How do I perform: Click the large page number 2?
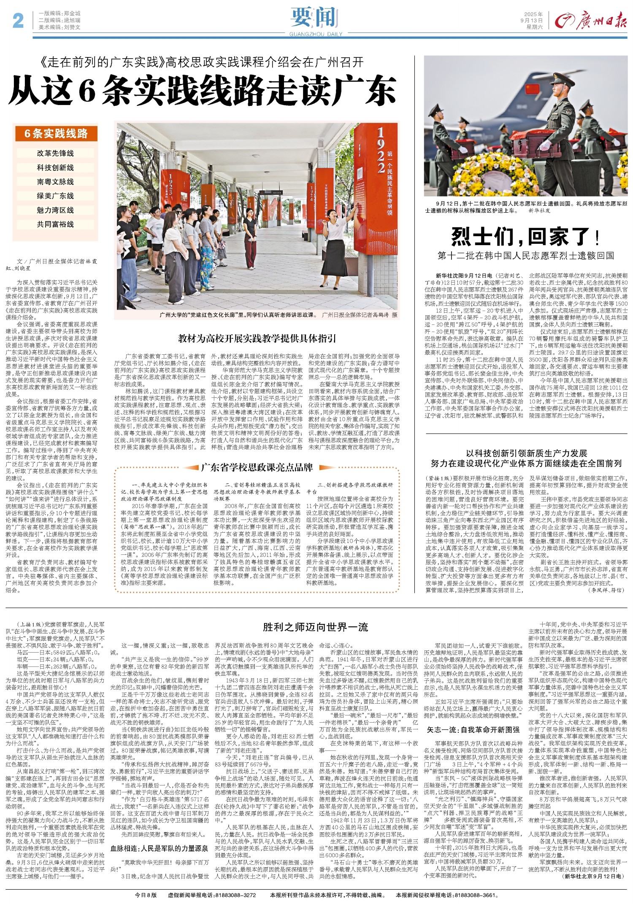coord(18,20)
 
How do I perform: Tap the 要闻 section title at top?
coord(316,17)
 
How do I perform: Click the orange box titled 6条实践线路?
coord(56,134)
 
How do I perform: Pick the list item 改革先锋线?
coord(55,154)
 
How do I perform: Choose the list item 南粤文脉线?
coord(55,182)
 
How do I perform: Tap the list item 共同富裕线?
coord(55,224)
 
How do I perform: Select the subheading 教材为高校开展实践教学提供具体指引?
coord(257,338)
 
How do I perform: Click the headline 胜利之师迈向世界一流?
coord(315,627)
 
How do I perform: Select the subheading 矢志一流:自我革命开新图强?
coord(473,729)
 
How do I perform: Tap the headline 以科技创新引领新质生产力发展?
coord(526,453)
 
